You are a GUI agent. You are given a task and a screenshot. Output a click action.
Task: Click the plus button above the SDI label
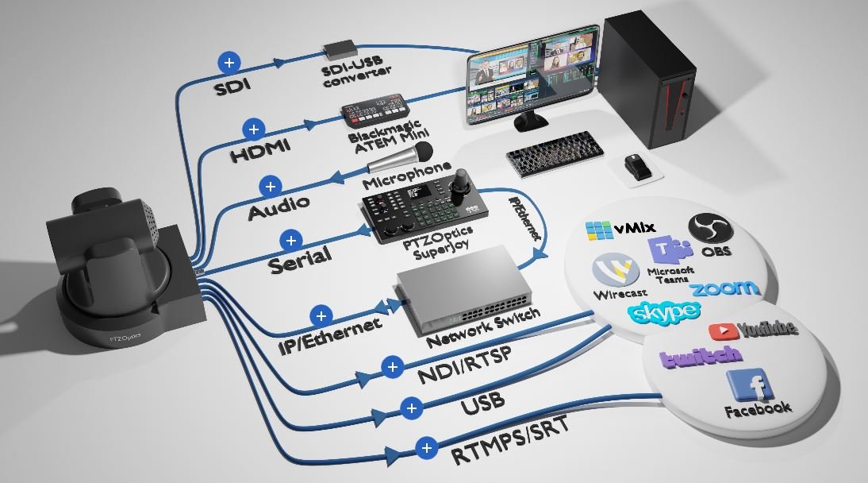pyautogui.click(x=229, y=62)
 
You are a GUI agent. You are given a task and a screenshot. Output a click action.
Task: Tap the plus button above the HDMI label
pyautogui.click(x=254, y=129)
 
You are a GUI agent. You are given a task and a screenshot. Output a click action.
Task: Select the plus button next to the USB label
pyautogui.click(x=411, y=408)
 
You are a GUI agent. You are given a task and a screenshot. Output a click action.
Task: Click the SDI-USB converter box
pyautogui.click(x=340, y=49)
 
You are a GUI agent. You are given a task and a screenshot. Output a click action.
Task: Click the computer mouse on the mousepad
pyautogui.click(x=637, y=166)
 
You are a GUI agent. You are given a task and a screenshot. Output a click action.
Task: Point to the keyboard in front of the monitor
pyautogui.click(x=555, y=153)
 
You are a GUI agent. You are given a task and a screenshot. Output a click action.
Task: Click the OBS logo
pyautogui.click(x=710, y=229)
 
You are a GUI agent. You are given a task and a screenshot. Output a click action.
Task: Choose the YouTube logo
pyautogui.click(x=754, y=330)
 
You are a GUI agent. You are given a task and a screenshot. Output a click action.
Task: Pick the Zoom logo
pyautogui.click(x=724, y=288)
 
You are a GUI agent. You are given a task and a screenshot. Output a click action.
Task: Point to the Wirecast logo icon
pyautogui.click(x=616, y=269)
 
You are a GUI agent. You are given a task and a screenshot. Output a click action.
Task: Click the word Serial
pyautogui.click(x=300, y=259)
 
